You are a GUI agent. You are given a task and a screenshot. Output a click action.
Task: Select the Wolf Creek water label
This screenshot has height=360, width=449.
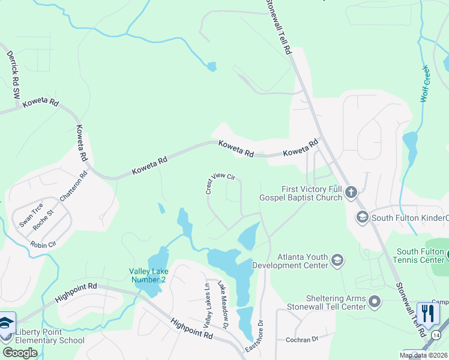coord(426,83)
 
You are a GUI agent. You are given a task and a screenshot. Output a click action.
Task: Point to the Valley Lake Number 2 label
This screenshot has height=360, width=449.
coord(148,275)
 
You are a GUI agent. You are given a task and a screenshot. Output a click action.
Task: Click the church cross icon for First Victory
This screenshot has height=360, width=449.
coord(351,193)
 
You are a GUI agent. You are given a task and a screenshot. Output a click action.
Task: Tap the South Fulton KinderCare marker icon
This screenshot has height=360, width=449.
coord(362,217)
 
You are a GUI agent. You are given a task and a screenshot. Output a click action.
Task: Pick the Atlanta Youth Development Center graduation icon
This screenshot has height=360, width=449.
coord(337,260)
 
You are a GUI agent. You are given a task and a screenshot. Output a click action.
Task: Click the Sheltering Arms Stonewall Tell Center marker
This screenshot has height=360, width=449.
coord(375,301)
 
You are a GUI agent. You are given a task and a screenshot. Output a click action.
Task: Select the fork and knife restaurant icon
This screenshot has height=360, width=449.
coord(428,313)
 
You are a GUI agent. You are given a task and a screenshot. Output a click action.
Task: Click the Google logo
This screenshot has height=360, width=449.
coord(20,353)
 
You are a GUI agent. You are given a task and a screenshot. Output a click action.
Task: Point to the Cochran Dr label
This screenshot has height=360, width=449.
coord(301,340)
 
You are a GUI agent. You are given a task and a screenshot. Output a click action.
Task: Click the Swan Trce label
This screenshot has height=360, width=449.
coord(31,215)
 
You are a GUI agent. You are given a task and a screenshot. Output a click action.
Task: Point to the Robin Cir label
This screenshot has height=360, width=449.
coord(43,244)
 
